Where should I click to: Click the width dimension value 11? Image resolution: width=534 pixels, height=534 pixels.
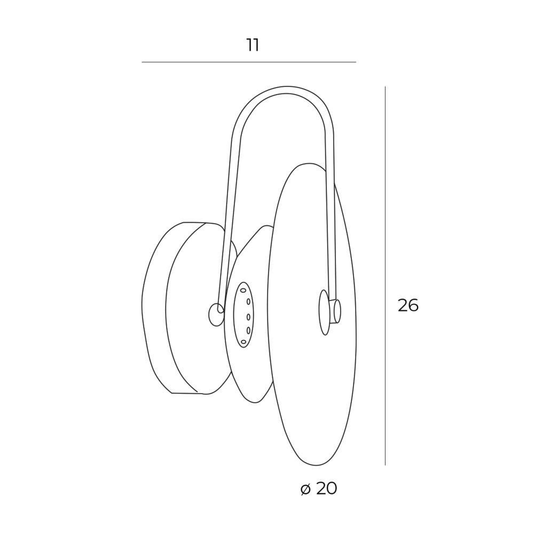coord(253,45)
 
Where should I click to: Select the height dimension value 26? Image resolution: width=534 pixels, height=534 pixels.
coord(408,305)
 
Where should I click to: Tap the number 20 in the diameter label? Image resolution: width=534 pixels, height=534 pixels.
coord(326,489)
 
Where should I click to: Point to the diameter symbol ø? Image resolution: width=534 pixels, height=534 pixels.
coord(306,489)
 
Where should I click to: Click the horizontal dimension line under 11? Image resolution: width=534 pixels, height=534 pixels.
coord(249,62)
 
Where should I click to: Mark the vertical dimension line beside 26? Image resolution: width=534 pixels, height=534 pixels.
coord(385,276)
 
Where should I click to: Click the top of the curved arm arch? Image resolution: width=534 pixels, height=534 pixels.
coord(287,89)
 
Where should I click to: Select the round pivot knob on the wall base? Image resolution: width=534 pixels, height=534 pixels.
coord(215,315)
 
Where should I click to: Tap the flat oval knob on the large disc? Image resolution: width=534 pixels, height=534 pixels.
coord(324,312)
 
